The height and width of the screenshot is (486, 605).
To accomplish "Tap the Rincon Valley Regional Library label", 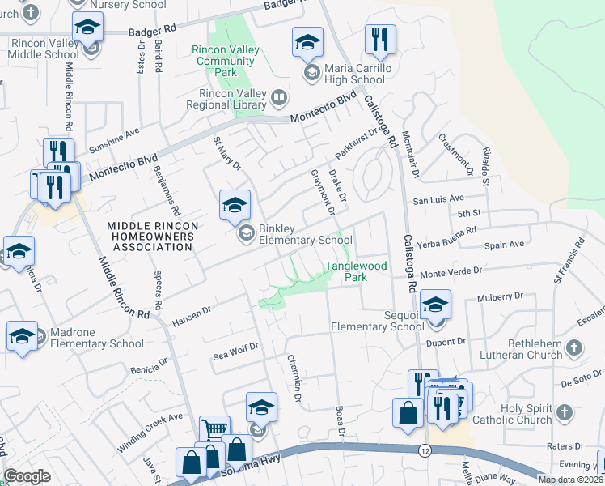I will pos(226,99).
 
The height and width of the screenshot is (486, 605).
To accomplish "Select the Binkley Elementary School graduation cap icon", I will pos(235,206).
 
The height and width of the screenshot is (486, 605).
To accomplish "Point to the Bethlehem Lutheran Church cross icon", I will pos(573,348).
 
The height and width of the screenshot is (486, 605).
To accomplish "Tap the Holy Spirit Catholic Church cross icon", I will pos(564,415).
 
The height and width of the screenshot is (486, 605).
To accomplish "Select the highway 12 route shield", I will pos(425,450).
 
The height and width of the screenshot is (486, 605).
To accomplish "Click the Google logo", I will pos(27,476).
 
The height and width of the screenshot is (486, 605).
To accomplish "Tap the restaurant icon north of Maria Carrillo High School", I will pos(379,39).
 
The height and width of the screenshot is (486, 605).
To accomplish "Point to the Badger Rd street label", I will pos(152,31).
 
